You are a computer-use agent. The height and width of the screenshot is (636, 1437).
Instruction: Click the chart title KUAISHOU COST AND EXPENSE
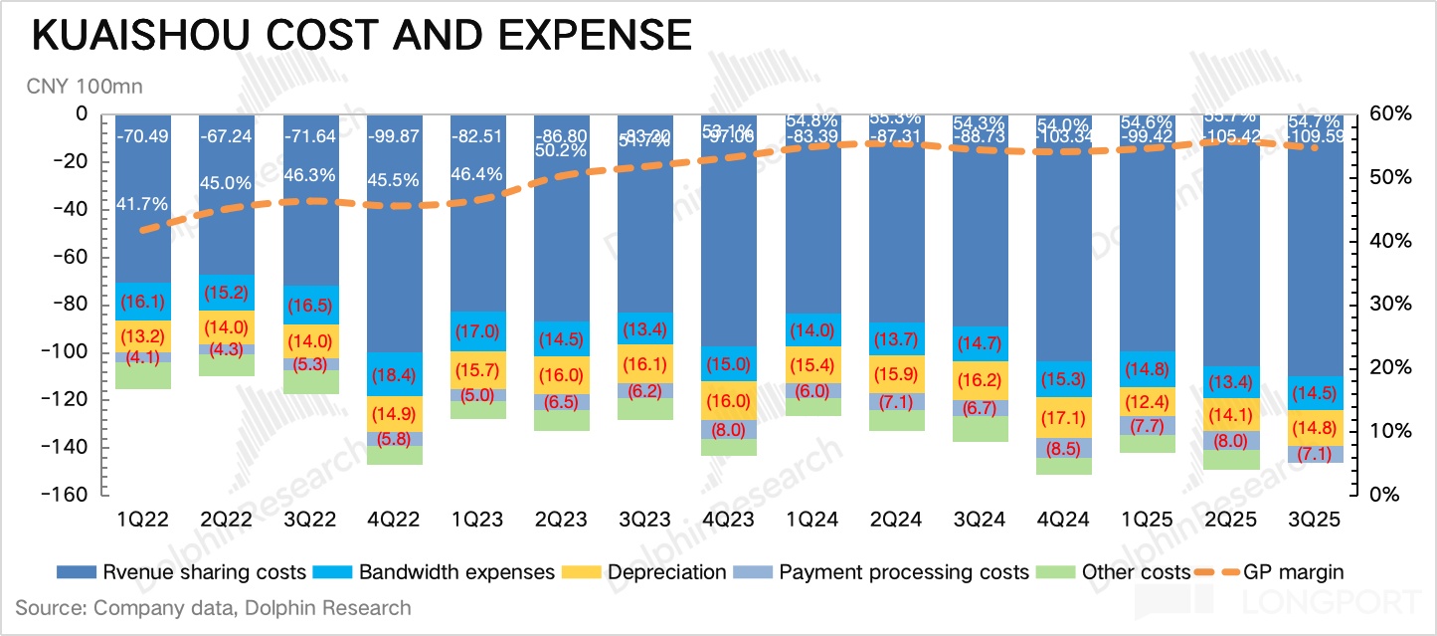point(362,37)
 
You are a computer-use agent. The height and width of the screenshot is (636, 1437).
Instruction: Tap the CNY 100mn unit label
point(85,87)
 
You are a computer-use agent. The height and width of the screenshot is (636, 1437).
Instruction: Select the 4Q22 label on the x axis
point(395,521)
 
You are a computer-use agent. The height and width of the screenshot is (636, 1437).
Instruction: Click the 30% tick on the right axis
point(1388,305)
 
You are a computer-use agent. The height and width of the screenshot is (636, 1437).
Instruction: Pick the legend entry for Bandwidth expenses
point(455,572)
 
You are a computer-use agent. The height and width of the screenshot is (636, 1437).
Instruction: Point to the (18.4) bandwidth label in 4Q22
point(395,376)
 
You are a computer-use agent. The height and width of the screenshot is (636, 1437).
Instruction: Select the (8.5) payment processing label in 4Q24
point(1063,448)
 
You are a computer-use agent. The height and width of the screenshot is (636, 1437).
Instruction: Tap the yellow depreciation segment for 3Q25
point(1314,428)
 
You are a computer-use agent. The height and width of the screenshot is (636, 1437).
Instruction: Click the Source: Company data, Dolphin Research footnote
point(213,607)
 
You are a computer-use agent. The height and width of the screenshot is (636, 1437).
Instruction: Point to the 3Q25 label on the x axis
point(1314,521)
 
